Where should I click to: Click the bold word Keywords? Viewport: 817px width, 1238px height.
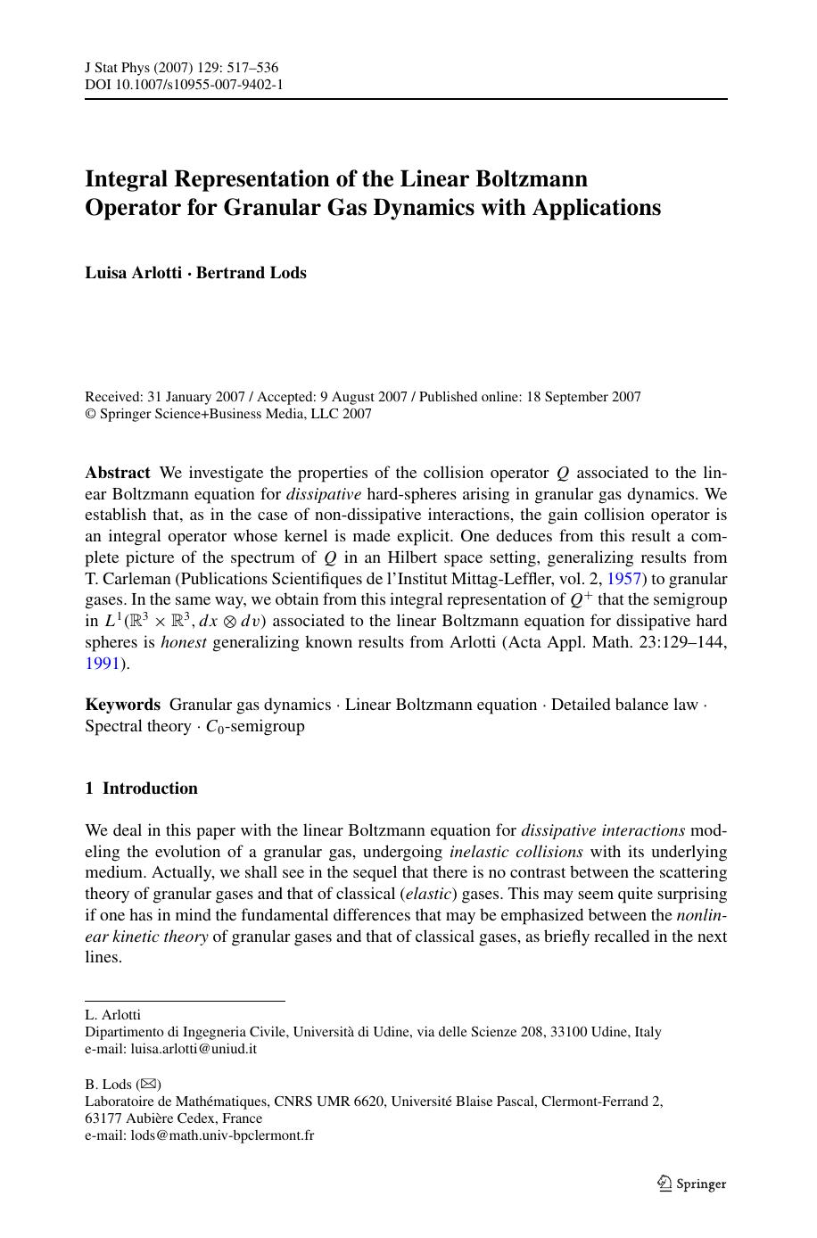point(122,705)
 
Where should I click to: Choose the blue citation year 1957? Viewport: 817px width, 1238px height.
point(624,579)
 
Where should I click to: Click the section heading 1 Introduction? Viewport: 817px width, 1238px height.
point(141,788)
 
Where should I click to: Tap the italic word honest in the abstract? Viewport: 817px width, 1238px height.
point(184,642)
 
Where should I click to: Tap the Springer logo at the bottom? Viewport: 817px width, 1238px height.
point(692,1184)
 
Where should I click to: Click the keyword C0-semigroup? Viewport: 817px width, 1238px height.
point(255,727)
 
